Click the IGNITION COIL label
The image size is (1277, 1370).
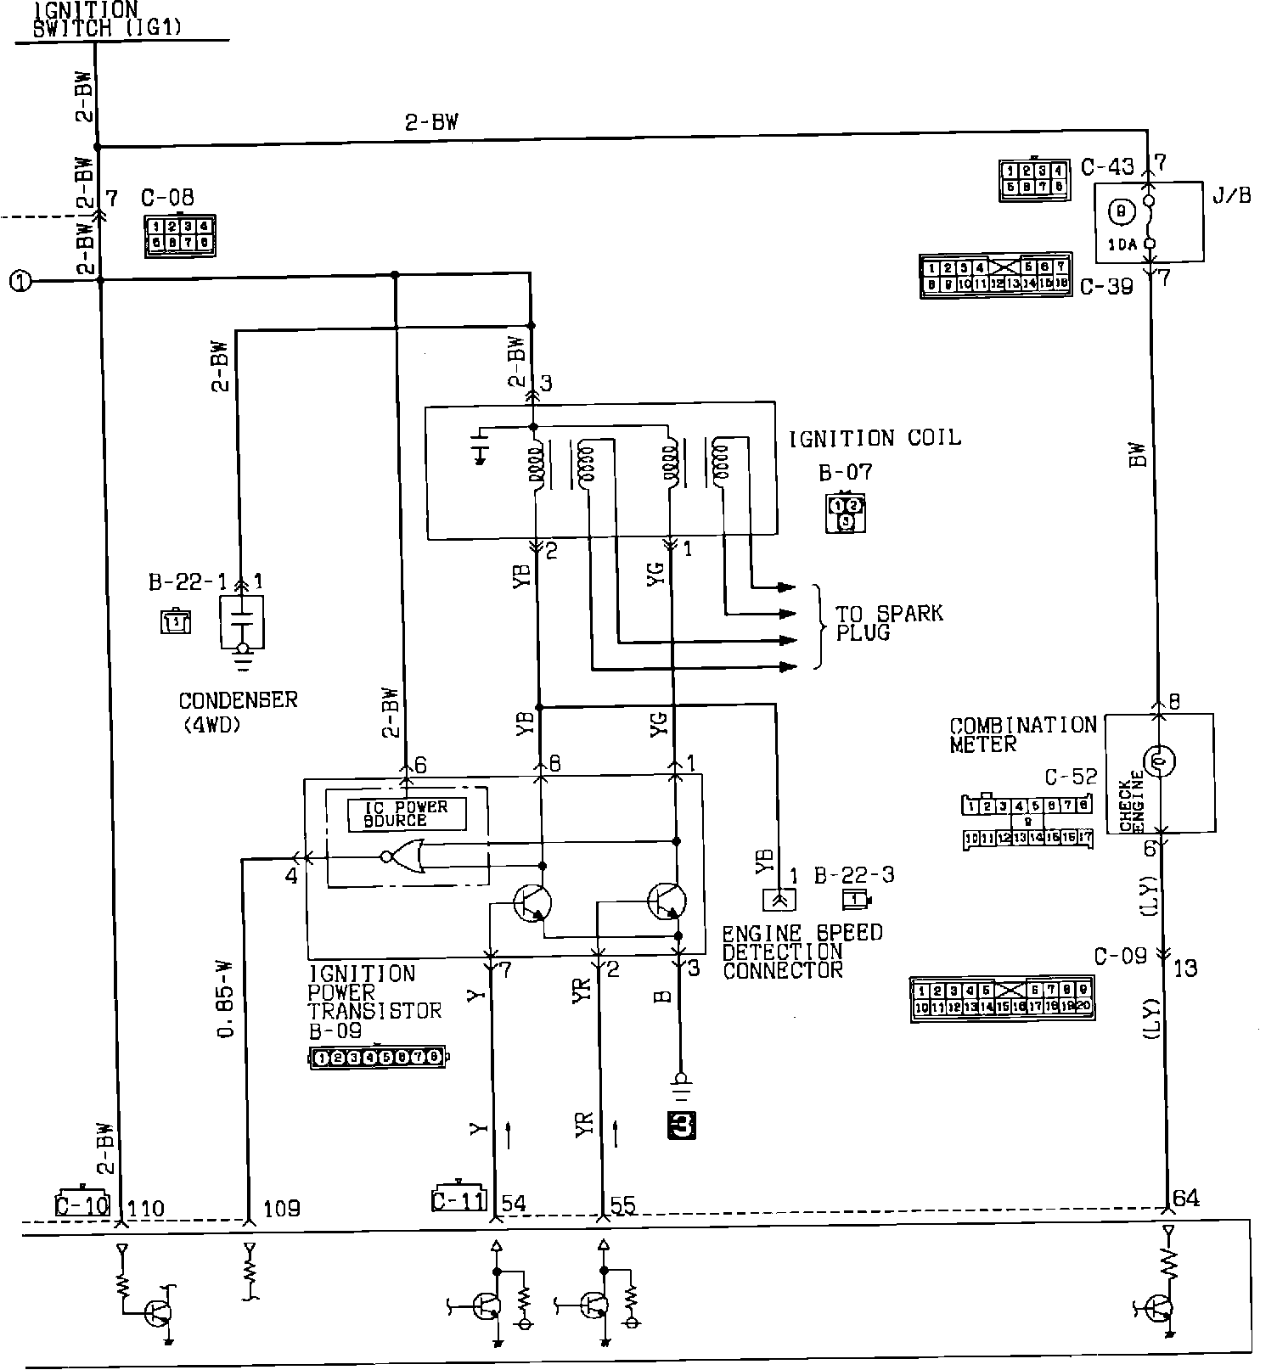pyautogui.click(x=875, y=439)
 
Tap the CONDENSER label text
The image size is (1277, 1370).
pyautogui.click(x=238, y=700)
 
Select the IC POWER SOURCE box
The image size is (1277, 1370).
pyautogui.click(x=407, y=813)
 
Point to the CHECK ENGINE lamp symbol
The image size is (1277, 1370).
pyautogui.click(x=1158, y=761)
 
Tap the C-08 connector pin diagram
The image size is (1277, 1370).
pyautogui.click(x=179, y=235)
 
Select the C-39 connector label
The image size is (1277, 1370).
pyautogui.click(x=1106, y=286)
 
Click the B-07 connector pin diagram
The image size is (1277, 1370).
pyautogui.click(x=845, y=514)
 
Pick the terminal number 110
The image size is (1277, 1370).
pyautogui.click(x=145, y=1208)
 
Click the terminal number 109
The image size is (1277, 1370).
pyautogui.click(x=281, y=1208)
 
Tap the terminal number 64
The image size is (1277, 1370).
pyautogui.click(x=1185, y=1198)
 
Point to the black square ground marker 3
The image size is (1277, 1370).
pyautogui.click(x=682, y=1125)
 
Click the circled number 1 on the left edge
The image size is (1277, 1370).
pyautogui.click(x=20, y=280)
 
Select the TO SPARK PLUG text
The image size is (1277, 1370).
pyautogui.click(x=888, y=623)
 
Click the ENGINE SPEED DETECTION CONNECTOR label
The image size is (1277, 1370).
pyautogui.click(x=802, y=951)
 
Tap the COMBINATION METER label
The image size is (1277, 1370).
pyautogui.click(x=1022, y=734)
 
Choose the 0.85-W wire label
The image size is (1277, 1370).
pyautogui.click(x=225, y=997)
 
